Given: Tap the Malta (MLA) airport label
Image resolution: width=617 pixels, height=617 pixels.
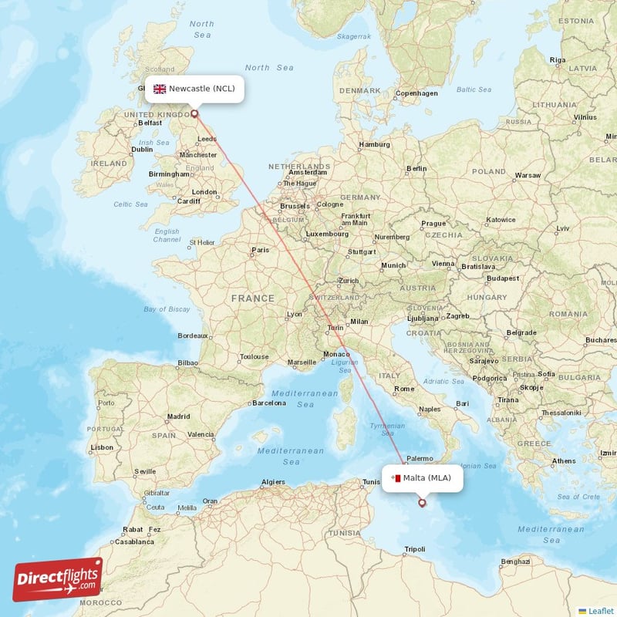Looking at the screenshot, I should tap(427, 478).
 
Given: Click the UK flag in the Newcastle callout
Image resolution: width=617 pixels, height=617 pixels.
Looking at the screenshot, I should tap(160, 89).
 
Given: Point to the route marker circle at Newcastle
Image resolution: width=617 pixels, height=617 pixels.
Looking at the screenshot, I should tap(194, 114).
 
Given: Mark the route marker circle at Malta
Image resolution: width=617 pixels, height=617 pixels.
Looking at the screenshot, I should tap(422, 503).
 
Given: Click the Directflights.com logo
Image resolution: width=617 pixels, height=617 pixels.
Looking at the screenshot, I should tap(58, 579).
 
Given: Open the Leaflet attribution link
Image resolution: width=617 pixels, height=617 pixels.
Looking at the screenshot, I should tap(601, 610).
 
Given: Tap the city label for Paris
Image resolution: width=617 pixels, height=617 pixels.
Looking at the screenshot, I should tap(261, 250).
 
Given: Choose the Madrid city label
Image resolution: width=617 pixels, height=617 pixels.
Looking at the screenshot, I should tap(178, 416).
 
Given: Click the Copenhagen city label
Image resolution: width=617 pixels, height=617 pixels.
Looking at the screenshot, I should tap(416, 93).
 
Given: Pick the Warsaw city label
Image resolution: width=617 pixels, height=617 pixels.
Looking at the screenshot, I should tap(528, 175).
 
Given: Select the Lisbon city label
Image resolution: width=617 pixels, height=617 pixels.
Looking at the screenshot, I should tap(102, 447).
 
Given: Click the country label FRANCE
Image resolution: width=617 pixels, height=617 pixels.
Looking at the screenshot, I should tap(252, 298).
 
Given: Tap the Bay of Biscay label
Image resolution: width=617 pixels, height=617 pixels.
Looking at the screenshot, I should tap(167, 309).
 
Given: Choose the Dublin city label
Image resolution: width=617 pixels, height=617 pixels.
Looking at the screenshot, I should tap(142, 150).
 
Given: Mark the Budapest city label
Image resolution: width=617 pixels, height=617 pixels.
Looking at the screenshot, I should tap(503, 278).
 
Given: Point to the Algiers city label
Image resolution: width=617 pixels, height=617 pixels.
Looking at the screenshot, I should tap(273, 482).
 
